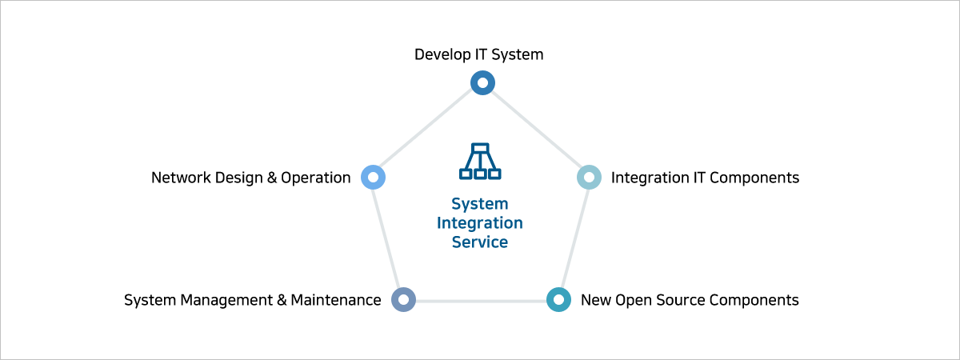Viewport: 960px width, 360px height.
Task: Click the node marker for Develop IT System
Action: (x=482, y=82)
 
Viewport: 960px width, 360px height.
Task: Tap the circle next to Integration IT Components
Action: (x=589, y=177)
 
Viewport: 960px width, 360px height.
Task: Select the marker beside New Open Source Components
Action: (x=558, y=300)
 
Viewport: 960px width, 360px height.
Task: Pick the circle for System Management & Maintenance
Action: (x=404, y=300)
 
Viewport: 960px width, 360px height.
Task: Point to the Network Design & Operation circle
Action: (x=374, y=177)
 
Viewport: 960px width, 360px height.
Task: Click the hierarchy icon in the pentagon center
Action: (x=480, y=162)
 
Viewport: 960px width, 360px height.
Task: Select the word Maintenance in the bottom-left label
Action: (x=336, y=300)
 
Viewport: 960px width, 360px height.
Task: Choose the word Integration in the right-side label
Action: (x=648, y=178)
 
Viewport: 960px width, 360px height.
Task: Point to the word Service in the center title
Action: (x=480, y=242)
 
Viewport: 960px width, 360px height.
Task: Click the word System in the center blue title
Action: (x=480, y=204)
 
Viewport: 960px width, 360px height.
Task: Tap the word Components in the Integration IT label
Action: (x=754, y=178)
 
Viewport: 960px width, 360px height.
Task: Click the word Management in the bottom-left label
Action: (x=226, y=300)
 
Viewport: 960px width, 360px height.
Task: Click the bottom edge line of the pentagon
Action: (x=481, y=301)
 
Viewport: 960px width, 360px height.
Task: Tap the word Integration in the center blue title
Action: (x=480, y=223)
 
